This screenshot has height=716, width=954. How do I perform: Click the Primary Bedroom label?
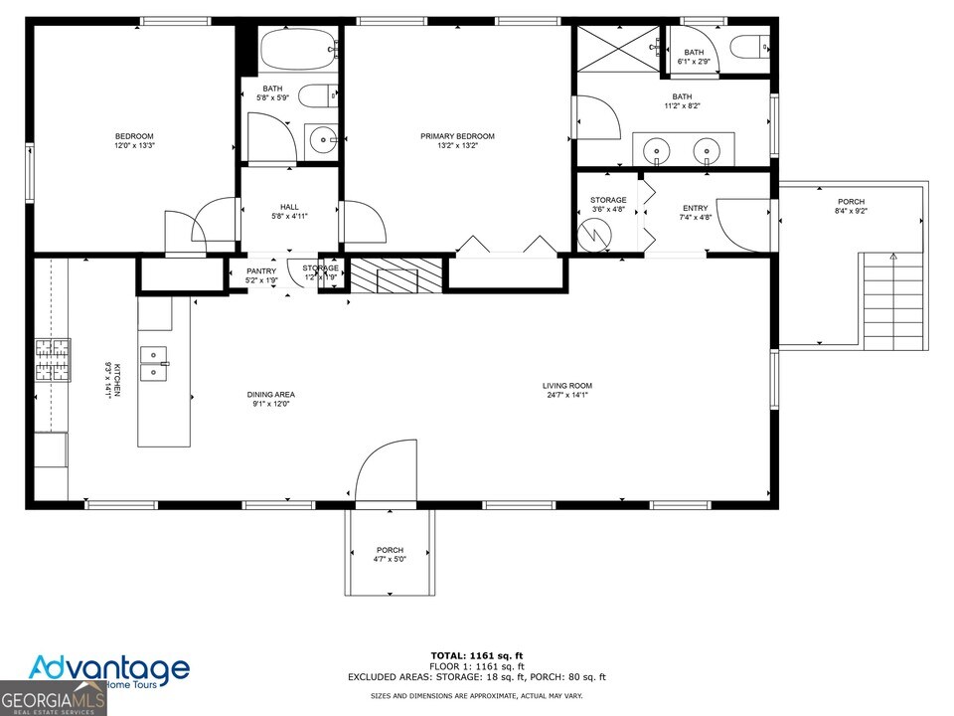[457, 136]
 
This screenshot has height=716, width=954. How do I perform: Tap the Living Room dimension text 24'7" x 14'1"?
[566, 396]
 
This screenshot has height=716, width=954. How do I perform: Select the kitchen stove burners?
[54, 360]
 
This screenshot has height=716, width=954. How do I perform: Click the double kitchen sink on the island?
[154, 364]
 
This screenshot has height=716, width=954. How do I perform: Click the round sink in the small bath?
[323, 140]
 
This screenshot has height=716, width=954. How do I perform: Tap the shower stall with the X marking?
[619, 48]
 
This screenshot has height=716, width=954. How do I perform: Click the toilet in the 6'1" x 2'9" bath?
[748, 45]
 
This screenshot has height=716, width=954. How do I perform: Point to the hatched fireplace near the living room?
[397, 272]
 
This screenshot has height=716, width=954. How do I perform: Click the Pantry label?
[261, 270]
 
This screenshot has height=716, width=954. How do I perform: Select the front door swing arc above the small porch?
[383, 473]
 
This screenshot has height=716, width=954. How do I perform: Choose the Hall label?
[289, 207]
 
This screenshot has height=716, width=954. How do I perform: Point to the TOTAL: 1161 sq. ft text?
[476, 655]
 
